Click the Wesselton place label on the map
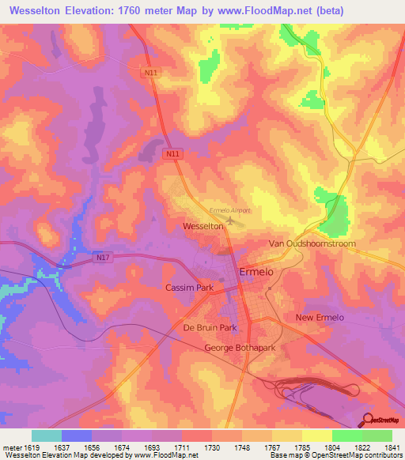(202, 226)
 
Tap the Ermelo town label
(257, 272)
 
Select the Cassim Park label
(189, 288)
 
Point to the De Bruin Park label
(210, 327)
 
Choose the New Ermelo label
(320, 318)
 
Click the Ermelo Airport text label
(229, 210)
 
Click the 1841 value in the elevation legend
(392, 447)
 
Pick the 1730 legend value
(212, 447)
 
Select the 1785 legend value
(301, 447)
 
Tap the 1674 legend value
(122, 447)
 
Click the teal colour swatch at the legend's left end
(47, 435)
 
